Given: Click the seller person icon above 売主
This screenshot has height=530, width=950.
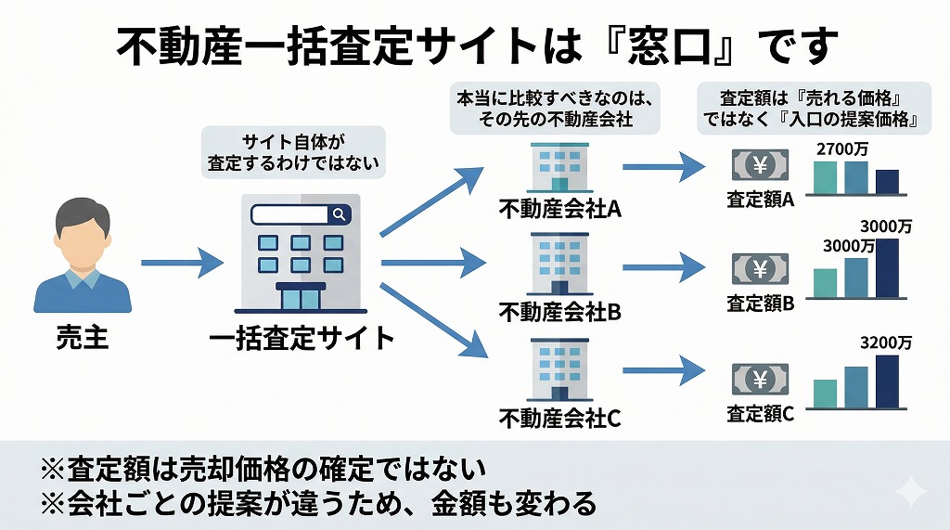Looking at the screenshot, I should coord(82,257).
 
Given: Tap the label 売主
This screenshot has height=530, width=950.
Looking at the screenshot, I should coord(82,336).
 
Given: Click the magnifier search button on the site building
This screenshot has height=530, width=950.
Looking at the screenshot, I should coord(340,214).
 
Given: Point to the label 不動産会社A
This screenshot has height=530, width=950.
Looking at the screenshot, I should coord(559,208).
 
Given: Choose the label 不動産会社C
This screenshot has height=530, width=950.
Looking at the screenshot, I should coord(559,418).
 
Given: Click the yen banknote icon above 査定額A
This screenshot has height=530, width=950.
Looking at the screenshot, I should coord(760,167).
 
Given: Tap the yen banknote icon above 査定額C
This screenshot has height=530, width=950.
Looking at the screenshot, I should coord(760,379).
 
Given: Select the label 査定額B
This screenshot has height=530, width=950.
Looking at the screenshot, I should coord(761,303).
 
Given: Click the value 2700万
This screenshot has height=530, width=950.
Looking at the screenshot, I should coord(840,149).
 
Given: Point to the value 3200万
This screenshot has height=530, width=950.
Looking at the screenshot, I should coord(886,342).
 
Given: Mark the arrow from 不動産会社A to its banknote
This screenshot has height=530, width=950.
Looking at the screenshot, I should coord(664,167).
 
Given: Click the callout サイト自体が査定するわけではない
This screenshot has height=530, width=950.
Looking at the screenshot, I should coord(293,152).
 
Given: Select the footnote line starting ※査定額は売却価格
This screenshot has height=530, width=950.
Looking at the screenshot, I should coord(263,468).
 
